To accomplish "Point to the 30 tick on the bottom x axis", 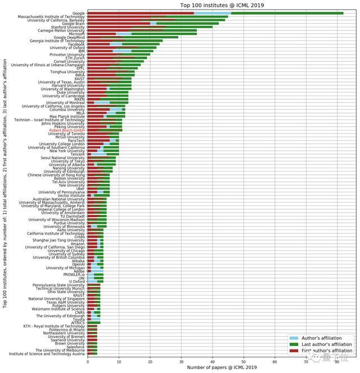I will click(181, 360).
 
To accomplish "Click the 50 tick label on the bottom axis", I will click(244, 360).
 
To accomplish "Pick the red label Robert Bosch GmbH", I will click(67, 130).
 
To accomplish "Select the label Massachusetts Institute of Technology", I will click(51, 17).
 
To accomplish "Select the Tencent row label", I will click(76, 154).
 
